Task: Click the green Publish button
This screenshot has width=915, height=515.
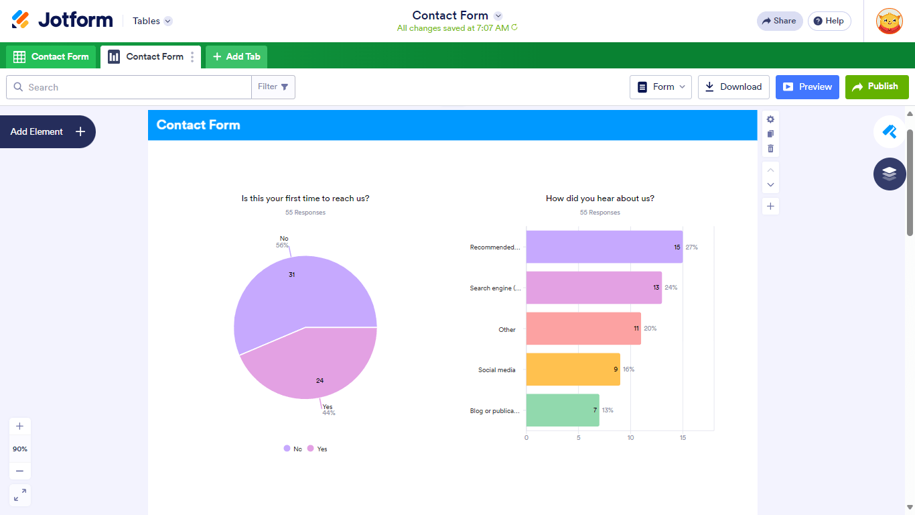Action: [x=877, y=87]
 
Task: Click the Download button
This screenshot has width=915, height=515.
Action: [x=733, y=87]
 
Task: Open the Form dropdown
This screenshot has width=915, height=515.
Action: [x=660, y=87]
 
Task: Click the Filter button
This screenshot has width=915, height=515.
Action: [x=273, y=87]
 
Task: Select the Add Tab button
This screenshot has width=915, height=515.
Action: [x=236, y=56]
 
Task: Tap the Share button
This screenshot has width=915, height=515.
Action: [x=780, y=21]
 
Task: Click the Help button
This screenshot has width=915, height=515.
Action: [x=829, y=21]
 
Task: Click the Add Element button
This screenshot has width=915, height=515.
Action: [x=48, y=131]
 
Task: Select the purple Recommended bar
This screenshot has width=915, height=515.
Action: [x=604, y=247]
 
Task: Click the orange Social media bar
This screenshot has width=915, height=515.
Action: [x=573, y=369]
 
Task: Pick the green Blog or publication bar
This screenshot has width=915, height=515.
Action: [x=562, y=410]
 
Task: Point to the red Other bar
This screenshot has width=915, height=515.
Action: [x=583, y=329]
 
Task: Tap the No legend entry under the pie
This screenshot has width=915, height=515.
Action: [x=293, y=449]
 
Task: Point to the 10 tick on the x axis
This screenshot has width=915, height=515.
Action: [x=630, y=438]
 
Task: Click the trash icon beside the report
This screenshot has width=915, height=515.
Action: [x=770, y=148]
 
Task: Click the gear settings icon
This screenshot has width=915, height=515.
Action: [x=770, y=119]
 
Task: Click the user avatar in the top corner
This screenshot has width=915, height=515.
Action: [x=889, y=21]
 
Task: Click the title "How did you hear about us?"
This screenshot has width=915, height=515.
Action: [x=600, y=198]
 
